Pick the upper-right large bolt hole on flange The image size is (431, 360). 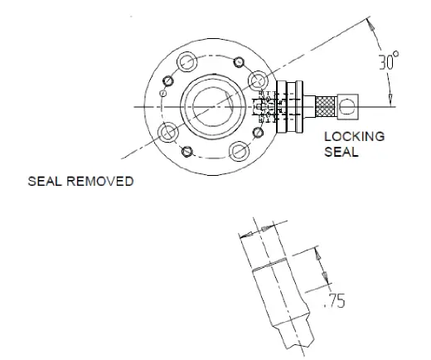[259, 80]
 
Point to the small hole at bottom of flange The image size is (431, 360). [187, 151]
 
